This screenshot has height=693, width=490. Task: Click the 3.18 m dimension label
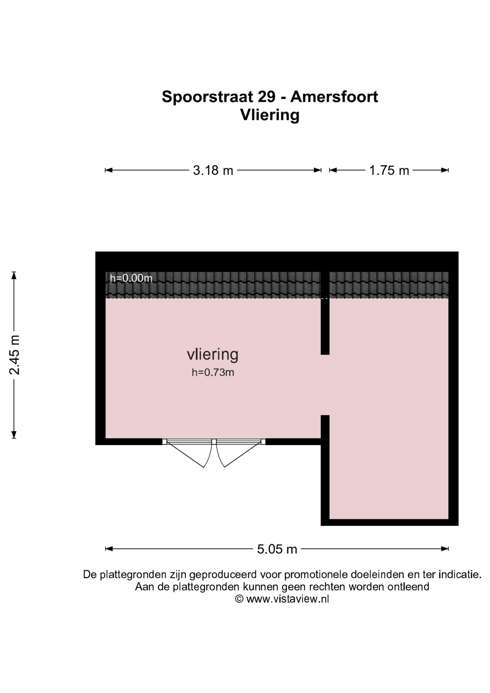click(213, 170)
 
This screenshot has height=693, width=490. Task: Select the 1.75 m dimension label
click(389, 170)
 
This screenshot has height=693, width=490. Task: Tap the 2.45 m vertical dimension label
click(14, 355)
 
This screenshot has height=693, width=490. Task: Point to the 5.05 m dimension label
click(277, 549)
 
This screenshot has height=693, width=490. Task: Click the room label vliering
click(213, 354)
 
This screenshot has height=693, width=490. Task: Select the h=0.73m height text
click(213, 372)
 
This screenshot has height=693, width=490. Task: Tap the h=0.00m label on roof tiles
click(131, 278)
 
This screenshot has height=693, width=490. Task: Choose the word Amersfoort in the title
click(334, 97)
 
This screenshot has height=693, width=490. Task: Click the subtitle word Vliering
click(270, 115)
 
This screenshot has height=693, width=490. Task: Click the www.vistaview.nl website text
click(288, 599)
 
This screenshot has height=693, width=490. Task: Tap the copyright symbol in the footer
click(239, 599)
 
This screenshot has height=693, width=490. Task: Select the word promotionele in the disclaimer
click(316, 575)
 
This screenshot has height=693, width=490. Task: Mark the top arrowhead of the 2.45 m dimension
click(14, 275)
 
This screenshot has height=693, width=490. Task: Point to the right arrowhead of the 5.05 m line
click(445, 549)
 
